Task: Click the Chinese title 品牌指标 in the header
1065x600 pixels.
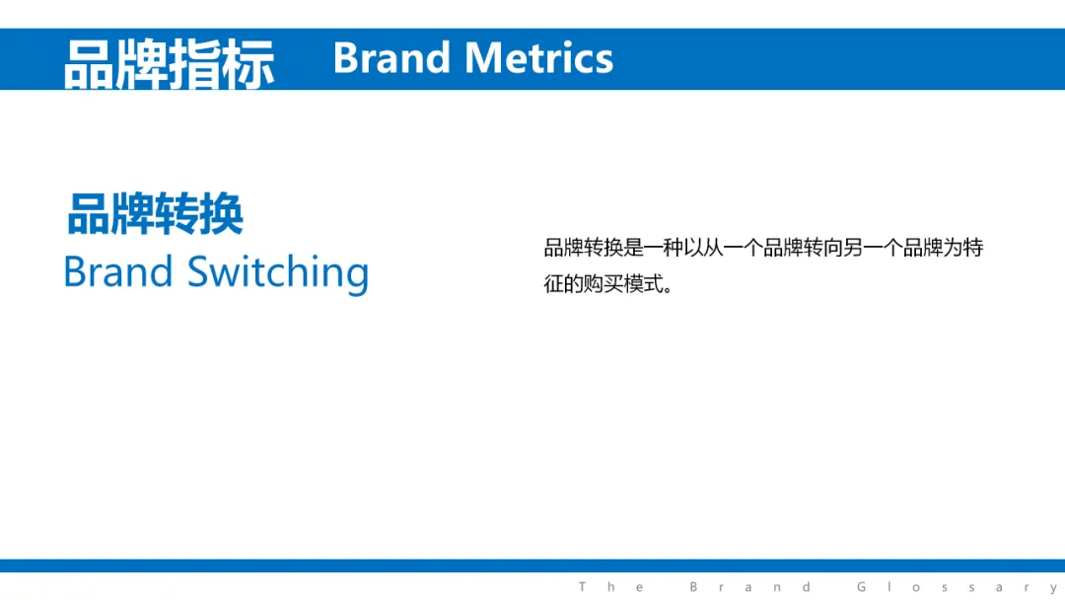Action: point(170,63)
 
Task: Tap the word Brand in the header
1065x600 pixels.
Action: point(391,58)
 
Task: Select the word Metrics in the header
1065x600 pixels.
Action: point(538,58)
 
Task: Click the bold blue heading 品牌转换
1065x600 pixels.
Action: point(155,214)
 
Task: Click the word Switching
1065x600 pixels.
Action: point(278,273)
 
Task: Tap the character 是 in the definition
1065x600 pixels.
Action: point(634,248)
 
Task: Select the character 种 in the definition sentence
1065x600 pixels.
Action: point(674,248)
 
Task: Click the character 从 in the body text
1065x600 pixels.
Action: point(713,248)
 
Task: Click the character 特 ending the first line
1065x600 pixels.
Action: point(973,248)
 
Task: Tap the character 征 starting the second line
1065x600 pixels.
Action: point(553,283)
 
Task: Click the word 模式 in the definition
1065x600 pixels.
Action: point(643,283)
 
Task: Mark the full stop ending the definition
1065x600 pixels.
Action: point(669,289)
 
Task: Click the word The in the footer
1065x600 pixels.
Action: point(610,586)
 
